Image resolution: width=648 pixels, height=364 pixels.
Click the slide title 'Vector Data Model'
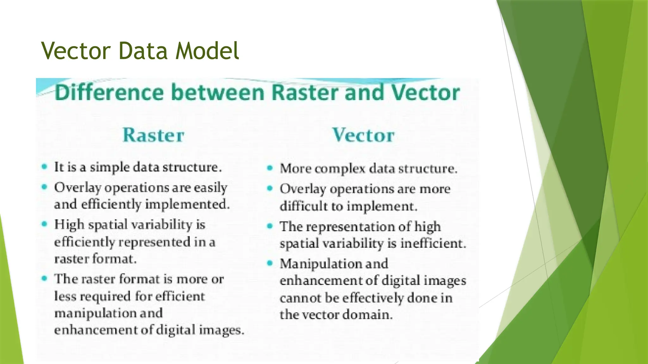coord(140,51)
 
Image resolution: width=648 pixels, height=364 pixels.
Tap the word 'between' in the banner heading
coord(218,93)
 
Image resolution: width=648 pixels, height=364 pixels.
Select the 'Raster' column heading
coord(153,135)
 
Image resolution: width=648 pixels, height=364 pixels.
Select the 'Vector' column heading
coord(363,135)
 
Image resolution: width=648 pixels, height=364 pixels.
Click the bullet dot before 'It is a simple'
coord(44,167)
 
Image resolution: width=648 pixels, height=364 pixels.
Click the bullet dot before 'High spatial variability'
coord(44,224)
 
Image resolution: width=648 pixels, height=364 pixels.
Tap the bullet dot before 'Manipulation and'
coord(270,263)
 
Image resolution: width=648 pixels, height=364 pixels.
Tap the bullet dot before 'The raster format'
coord(44,278)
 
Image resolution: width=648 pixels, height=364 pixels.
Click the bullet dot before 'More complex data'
coord(270,168)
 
